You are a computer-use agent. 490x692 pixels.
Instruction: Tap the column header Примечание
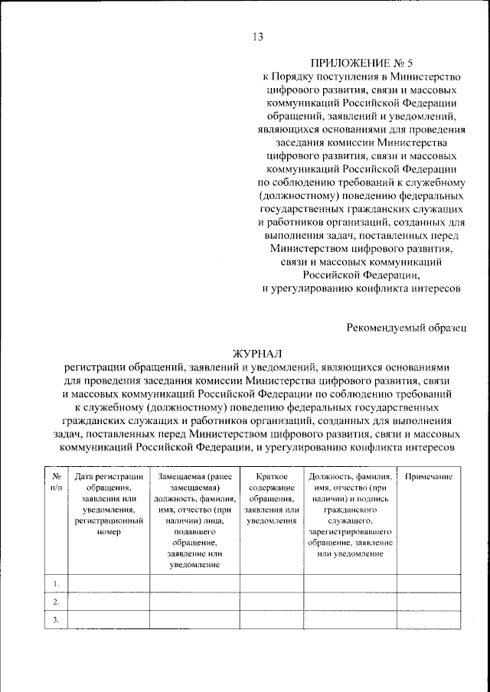coord(429,477)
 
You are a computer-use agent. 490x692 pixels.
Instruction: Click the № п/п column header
coord(56,482)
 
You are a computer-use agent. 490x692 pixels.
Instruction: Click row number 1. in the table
coord(56,584)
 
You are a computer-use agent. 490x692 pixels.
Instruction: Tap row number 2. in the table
coord(56,602)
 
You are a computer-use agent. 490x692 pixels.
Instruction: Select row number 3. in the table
coord(56,621)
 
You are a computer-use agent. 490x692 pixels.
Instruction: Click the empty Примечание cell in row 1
coord(429,584)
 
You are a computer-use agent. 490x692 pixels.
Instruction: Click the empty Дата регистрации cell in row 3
coord(109,621)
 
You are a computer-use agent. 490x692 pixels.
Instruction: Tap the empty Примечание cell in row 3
coord(429,621)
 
